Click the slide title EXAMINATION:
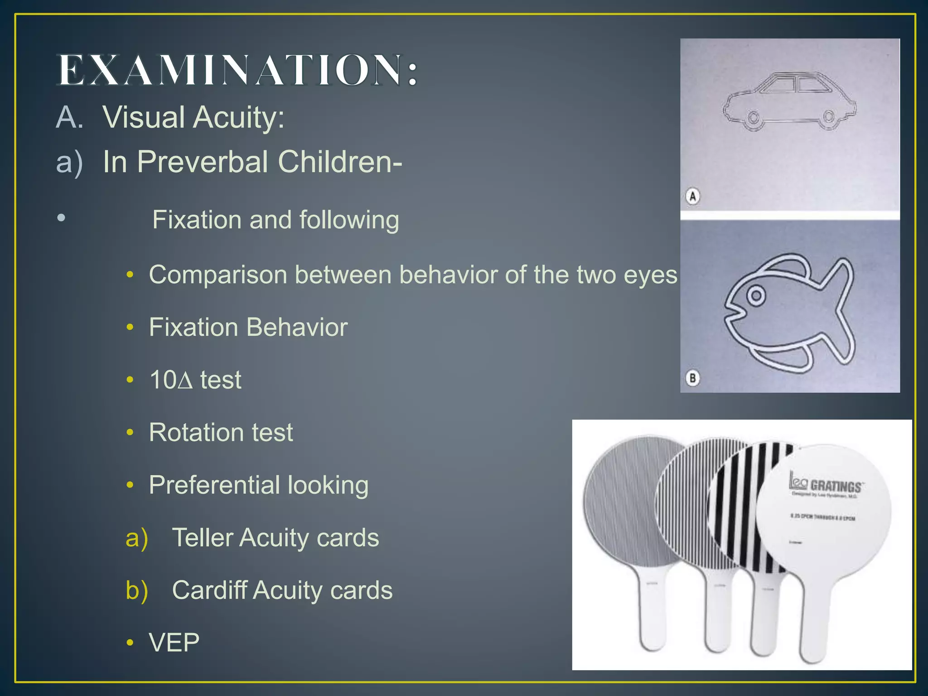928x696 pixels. (x=238, y=70)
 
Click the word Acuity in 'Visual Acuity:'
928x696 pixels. (x=239, y=117)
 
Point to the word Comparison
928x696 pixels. (x=218, y=275)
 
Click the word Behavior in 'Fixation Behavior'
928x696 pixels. (x=297, y=327)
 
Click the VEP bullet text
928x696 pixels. (x=174, y=643)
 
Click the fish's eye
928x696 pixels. (x=755, y=296)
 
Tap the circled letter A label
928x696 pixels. (x=692, y=197)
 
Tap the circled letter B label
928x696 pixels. (x=692, y=378)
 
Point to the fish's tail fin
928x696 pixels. (x=839, y=308)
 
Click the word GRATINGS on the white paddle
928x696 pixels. (x=836, y=487)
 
